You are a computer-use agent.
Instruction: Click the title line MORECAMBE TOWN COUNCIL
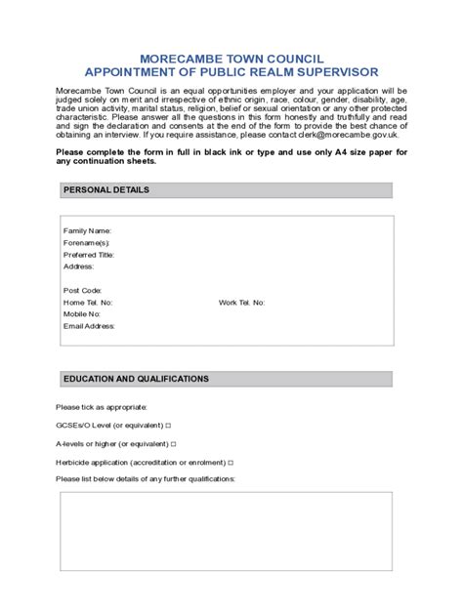[231, 59]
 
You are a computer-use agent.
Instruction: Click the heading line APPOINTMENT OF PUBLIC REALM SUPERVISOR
[231, 72]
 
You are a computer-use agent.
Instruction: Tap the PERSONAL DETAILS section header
[106, 190]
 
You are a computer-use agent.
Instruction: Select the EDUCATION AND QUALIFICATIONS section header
[136, 379]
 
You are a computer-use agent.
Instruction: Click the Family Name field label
[88, 230]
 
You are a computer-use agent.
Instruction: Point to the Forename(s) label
[87, 242]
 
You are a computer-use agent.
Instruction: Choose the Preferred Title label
[89, 254]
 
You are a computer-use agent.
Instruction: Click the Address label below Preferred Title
[78, 266]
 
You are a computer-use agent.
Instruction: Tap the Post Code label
[83, 290]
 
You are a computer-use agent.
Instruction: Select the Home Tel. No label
[88, 303]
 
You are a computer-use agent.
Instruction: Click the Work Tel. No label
[241, 303]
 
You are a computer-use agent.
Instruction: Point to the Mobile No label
[82, 314]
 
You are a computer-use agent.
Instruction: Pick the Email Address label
[89, 326]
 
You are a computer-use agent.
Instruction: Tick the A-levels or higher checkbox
[174, 443]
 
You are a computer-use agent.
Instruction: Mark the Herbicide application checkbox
[231, 462]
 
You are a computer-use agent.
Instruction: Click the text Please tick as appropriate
[102, 407]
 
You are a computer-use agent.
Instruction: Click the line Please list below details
[146, 479]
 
